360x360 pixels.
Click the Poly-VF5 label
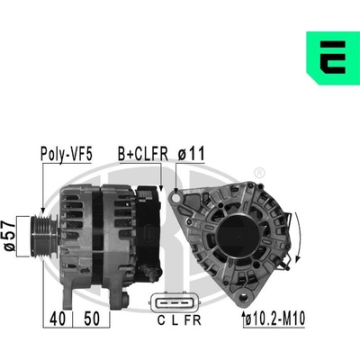point(67,155)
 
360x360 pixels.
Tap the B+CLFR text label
point(143,154)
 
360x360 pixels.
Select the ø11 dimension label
point(191,154)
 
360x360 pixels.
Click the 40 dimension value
point(58,319)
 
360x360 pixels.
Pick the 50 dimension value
point(92,319)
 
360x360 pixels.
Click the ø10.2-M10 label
point(275,319)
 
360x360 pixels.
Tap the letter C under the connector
point(161,320)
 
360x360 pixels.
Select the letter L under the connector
point(175,320)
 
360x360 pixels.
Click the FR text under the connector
point(193,320)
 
